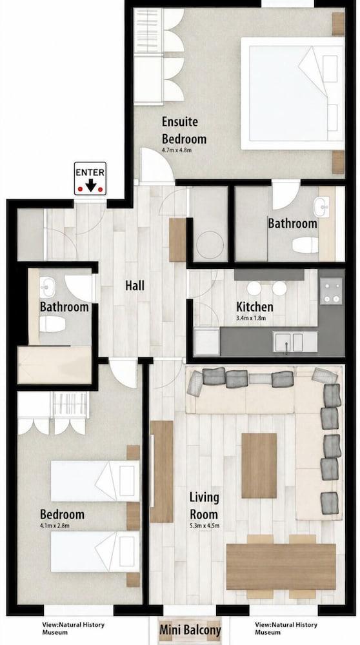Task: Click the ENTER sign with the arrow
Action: [90, 179]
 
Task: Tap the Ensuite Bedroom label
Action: [184, 130]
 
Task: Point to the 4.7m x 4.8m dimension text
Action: [177, 150]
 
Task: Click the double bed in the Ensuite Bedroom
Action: [292, 94]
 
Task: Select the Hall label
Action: [135, 285]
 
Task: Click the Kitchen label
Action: [255, 306]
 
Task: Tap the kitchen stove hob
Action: [331, 291]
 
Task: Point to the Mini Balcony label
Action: [190, 630]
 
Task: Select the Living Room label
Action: [204, 506]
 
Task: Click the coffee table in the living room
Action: [259, 466]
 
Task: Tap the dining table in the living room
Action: [281, 567]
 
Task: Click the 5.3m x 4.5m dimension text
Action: [204, 525]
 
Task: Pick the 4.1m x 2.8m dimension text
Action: [55, 525]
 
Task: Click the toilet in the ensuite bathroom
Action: [305, 245]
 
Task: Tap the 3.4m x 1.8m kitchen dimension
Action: [252, 317]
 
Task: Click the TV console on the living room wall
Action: [162, 471]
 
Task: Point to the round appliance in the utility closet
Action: [210, 244]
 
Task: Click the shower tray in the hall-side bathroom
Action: [54, 364]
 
